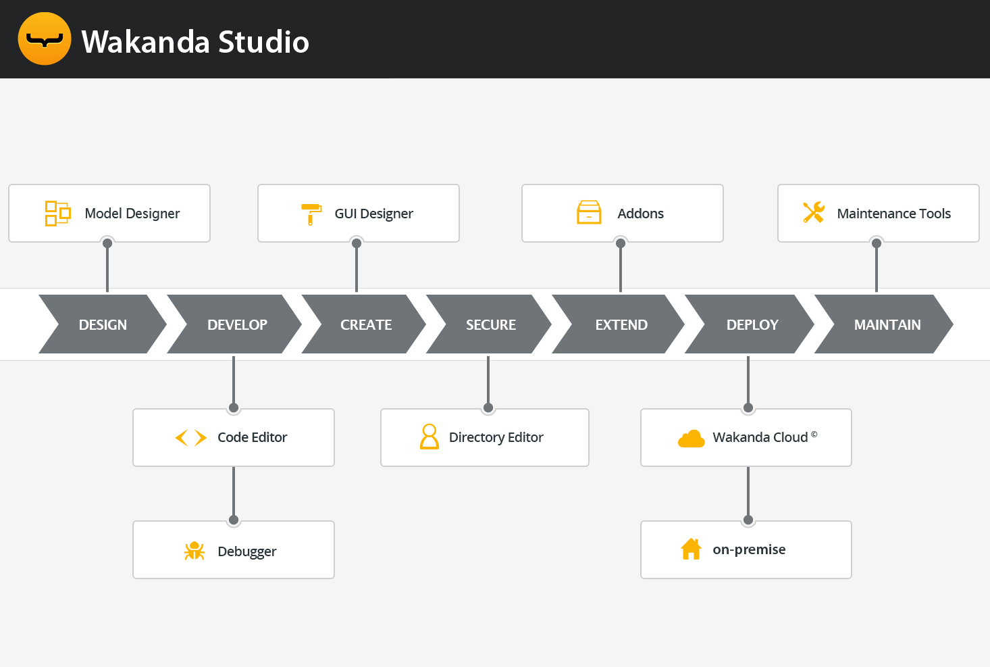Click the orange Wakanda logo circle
pyautogui.click(x=45, y=39)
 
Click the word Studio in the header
pyautogui.click(x=263, y=42)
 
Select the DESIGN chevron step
pyautogui.click(x=103, y=324)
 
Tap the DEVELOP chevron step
pyautogui.click(x=237, y=324)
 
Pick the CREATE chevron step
pyautogui.click(x=366, y=324)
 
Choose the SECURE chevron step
pyautogui.click(x=491, y=324)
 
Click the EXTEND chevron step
pyautogui.click(x=621, y=324)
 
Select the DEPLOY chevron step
pyautogui.click(x=752, y=324)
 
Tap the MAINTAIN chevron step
pyautogui.click(x=887, y=324)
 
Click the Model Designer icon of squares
pyautogui.click(x=57, y=214)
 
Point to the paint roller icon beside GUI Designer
pyautogui.click(x=311, y=214)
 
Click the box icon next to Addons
pyautogui.click(x=589, y=212)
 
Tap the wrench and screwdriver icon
pyautogui.click(x=814, y=212)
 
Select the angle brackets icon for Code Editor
pyautogui.click(x=190, y=438)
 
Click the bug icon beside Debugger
pyautogui.click(x=194, y=551)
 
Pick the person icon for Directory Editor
pyautogui.click(x=429, y=437)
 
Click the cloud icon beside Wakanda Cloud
pyautogui.click(x=691, y=439)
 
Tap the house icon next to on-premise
pyautogui.click(x=691, y=549)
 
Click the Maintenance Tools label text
pyautogui.click(x=893, y=214)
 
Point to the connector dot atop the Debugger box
pyautogui.click(x=234, y=520)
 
